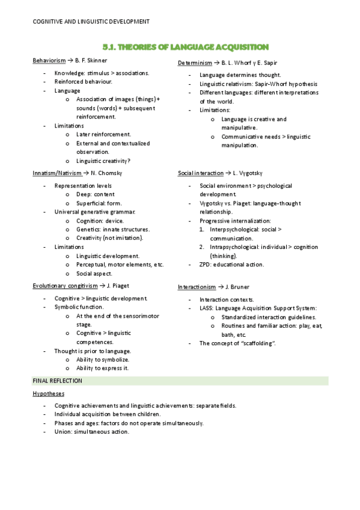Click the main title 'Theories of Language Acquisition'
coord(185,47)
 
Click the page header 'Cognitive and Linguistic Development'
coord(90,22)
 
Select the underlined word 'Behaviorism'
coord(49,61)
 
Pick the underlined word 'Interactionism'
coord(198,287)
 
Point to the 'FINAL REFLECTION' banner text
coord(57,381)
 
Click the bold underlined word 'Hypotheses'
coord(49,393)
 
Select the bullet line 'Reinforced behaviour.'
coord(84,81)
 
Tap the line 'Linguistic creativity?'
coord(103,161)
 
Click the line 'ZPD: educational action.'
coord(231,264)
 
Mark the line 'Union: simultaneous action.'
coord(91,431)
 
